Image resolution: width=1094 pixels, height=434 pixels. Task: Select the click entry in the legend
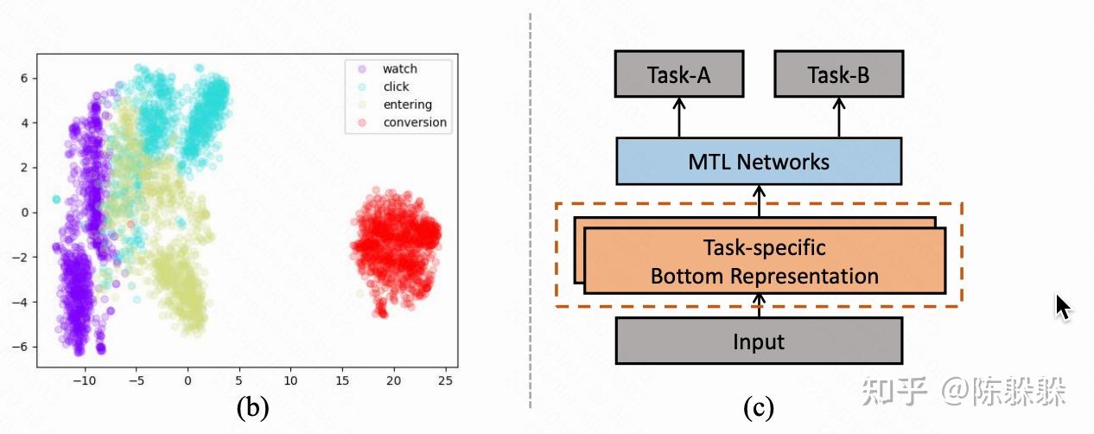pos(396,86)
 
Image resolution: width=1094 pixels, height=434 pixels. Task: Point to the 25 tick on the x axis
pos(446,380)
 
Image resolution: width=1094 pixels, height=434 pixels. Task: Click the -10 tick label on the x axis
pos(84,380)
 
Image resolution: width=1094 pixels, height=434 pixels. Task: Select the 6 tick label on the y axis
pos(25,78)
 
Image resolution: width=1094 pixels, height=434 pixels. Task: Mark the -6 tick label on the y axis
pos(22,346)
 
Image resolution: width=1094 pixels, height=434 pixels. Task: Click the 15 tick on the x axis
pos(342,380)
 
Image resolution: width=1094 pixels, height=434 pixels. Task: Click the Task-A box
pos(679,73)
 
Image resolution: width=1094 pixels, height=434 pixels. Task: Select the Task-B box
pos(838,73)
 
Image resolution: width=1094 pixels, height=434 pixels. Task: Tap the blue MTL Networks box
pos(759,162)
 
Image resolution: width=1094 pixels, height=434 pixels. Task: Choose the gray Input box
pos(759,341)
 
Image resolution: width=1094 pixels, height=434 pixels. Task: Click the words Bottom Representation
pos(764,277)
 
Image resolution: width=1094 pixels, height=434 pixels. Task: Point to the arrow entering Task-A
pos(679,118)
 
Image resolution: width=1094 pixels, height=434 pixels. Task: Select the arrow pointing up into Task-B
pos(838,118)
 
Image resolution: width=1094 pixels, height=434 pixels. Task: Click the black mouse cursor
pos(1064,308)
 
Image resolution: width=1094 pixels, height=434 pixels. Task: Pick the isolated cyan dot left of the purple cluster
pos(57,200)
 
